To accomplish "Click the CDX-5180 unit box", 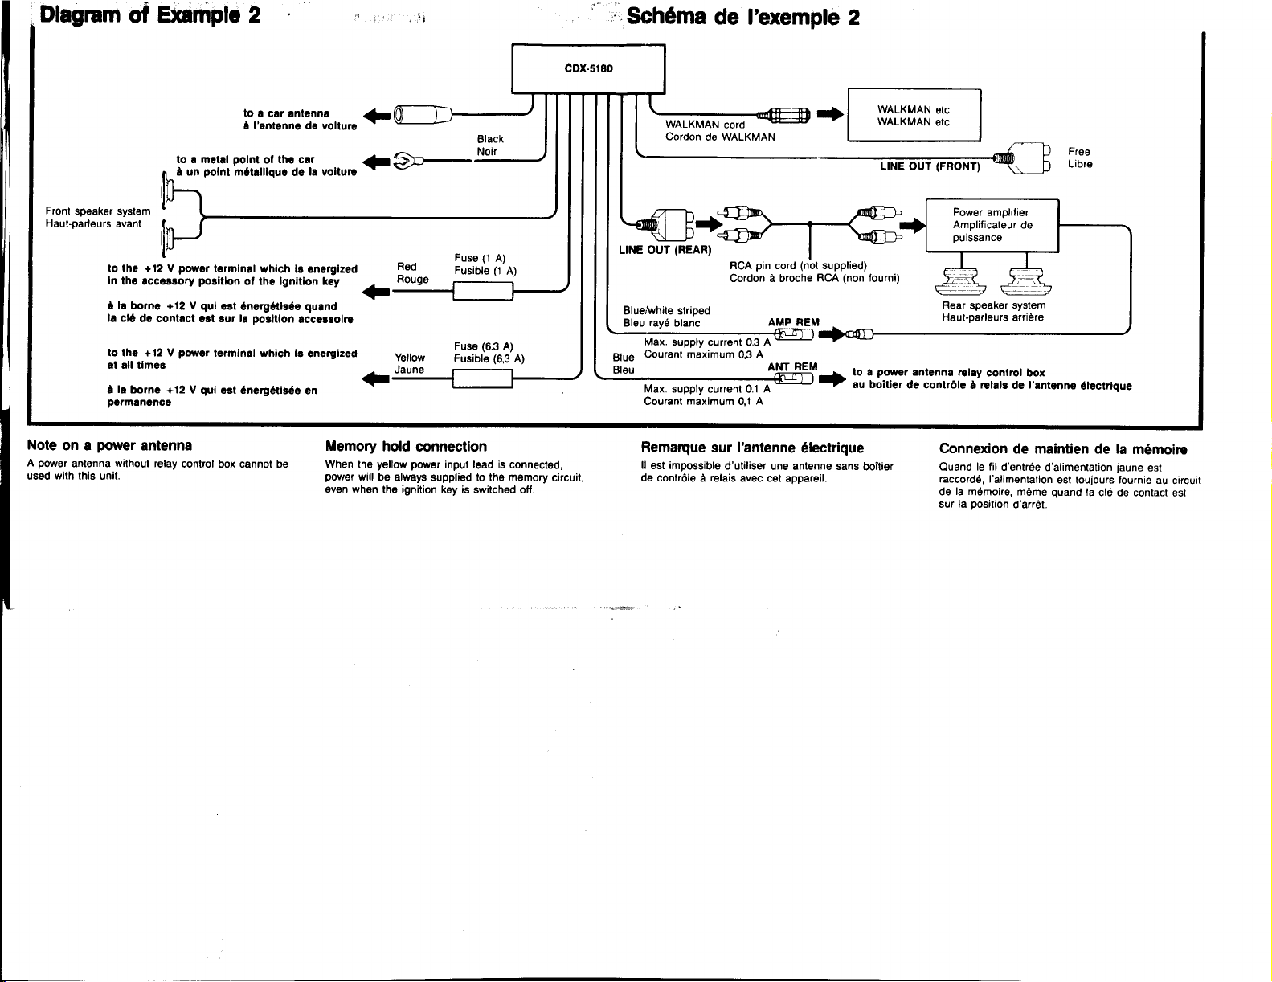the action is coord(588,68).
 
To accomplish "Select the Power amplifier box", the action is coord(992,225).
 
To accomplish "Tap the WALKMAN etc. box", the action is coord(914,115).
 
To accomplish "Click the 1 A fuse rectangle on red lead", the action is coord(483,291).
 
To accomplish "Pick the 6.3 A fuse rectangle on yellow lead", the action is coord(483,378).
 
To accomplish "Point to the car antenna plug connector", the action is coord(423,115).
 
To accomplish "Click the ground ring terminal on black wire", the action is coord(404,161).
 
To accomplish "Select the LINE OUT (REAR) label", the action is coord(665,250).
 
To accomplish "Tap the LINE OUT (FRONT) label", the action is coord(930,166).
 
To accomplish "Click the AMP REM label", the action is coord(793,322).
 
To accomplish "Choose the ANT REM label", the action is coord(792,367).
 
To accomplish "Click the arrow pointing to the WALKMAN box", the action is coord(830,114).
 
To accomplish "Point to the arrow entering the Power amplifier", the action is coord(913,225).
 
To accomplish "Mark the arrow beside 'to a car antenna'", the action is coord(376,115).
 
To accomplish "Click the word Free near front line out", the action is coord(1079,152).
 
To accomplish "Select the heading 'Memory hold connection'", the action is coord(406,447).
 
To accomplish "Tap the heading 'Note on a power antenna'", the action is coord(109,445).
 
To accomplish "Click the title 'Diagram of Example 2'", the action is coord(149,14).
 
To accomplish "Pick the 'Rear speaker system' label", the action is coord(993,305).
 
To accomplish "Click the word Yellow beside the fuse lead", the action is coord(410,358).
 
